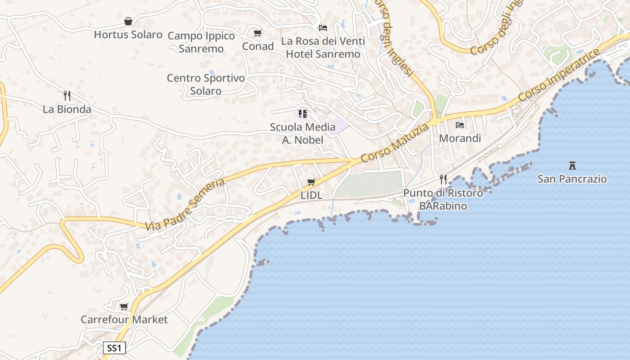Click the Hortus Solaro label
click(128, 35)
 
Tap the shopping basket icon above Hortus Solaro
click(128, 21)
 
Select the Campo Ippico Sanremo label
click(201, 42)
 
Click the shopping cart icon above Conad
click(258, 33)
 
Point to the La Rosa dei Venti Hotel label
click(323, 47)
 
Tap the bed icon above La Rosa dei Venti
click(323, 28)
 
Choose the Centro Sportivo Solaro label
click(206, 84)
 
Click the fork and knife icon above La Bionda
click(67, 95)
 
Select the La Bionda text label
click(67, 109)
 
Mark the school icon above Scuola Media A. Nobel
click(303, 113)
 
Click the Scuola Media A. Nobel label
click(303, 133)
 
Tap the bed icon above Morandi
click(460, 125)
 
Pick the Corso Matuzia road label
click(395, 144)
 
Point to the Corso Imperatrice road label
click(559, 75)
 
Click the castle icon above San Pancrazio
click(572, 166)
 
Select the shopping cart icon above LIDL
click(311, 182)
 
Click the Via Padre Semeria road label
click(185, 204)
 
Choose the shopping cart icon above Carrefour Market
click(124, 306)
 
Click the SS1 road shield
click(114, 348)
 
